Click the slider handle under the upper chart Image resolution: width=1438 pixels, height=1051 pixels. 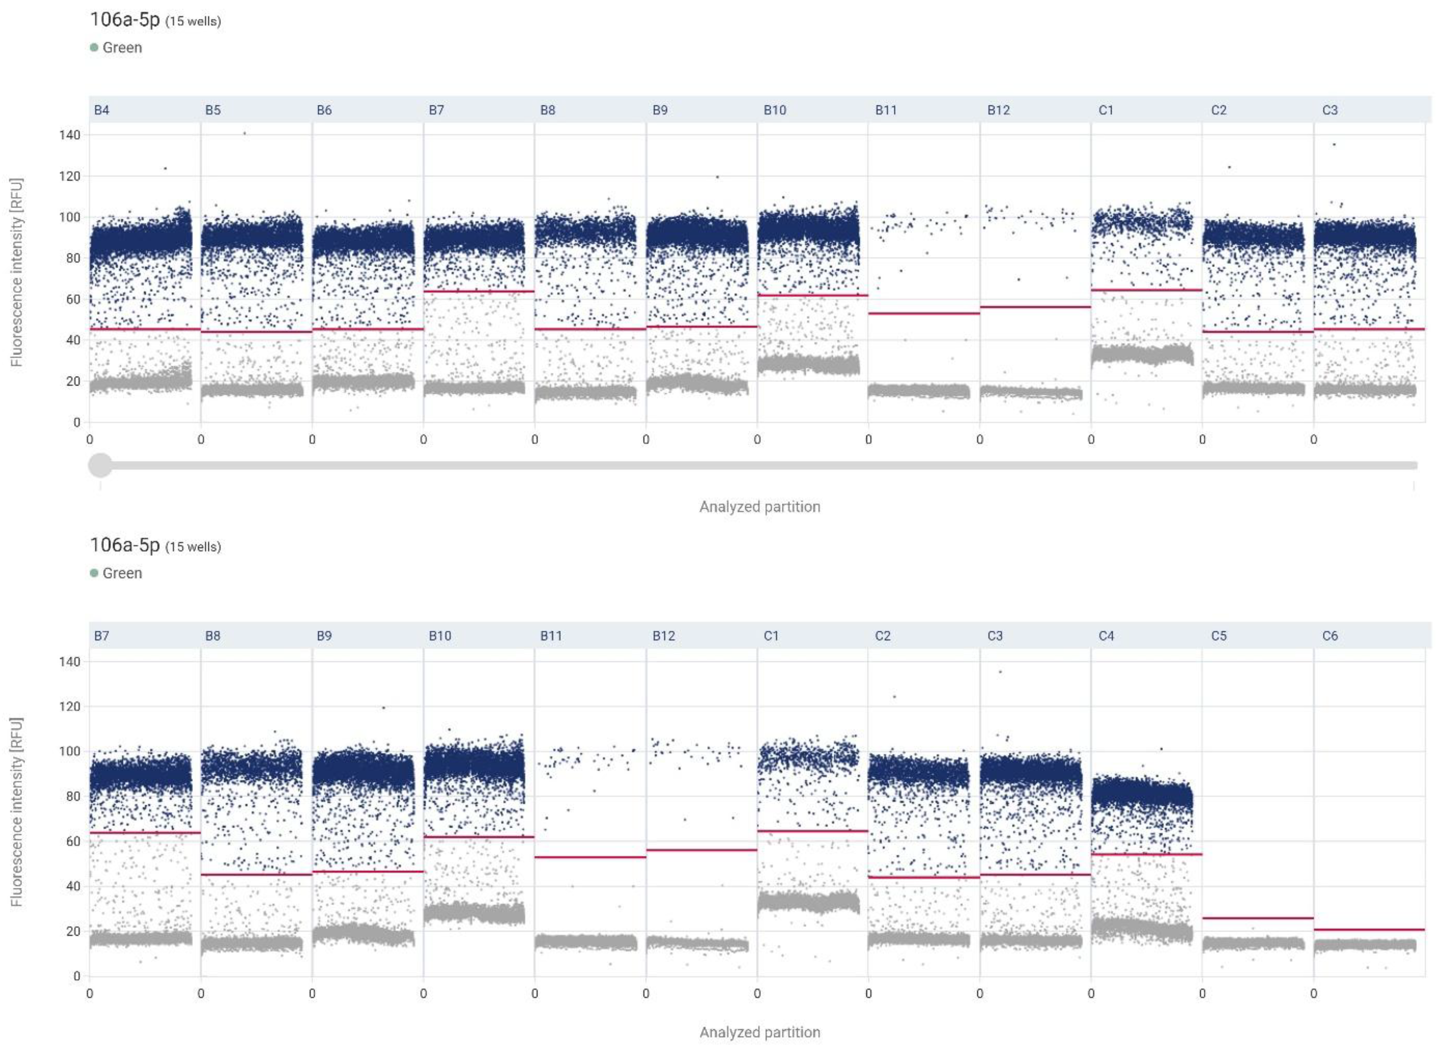point(100,465)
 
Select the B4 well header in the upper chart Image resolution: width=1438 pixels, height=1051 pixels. point(102,110)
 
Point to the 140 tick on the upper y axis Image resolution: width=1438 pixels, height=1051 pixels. point(70,135)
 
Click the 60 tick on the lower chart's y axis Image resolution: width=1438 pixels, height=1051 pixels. point(73,841)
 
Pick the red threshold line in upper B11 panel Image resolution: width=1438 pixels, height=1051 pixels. point(923,313)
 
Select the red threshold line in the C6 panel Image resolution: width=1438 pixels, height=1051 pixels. point(1368,929)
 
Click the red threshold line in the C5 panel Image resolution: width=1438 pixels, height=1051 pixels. point(1256,918)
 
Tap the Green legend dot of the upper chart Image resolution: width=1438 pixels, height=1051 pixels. point(94,48)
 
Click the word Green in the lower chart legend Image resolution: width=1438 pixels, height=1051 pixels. point(122,573)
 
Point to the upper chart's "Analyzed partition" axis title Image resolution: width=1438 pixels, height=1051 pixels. point(760,507)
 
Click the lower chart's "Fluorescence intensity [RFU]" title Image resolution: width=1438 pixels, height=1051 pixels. point(17,811)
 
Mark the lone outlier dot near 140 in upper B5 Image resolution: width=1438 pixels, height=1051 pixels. point(244,134)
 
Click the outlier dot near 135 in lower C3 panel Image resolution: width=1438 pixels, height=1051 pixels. point(1000,672)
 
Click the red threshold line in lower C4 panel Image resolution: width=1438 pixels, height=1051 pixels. point(1145,854)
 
